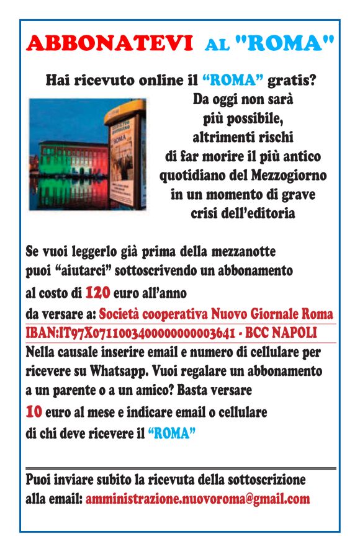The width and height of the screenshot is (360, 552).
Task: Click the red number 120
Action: (97, 292)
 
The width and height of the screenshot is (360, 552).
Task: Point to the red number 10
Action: (34, 412)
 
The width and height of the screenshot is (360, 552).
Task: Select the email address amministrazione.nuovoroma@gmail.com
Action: (197, 499)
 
